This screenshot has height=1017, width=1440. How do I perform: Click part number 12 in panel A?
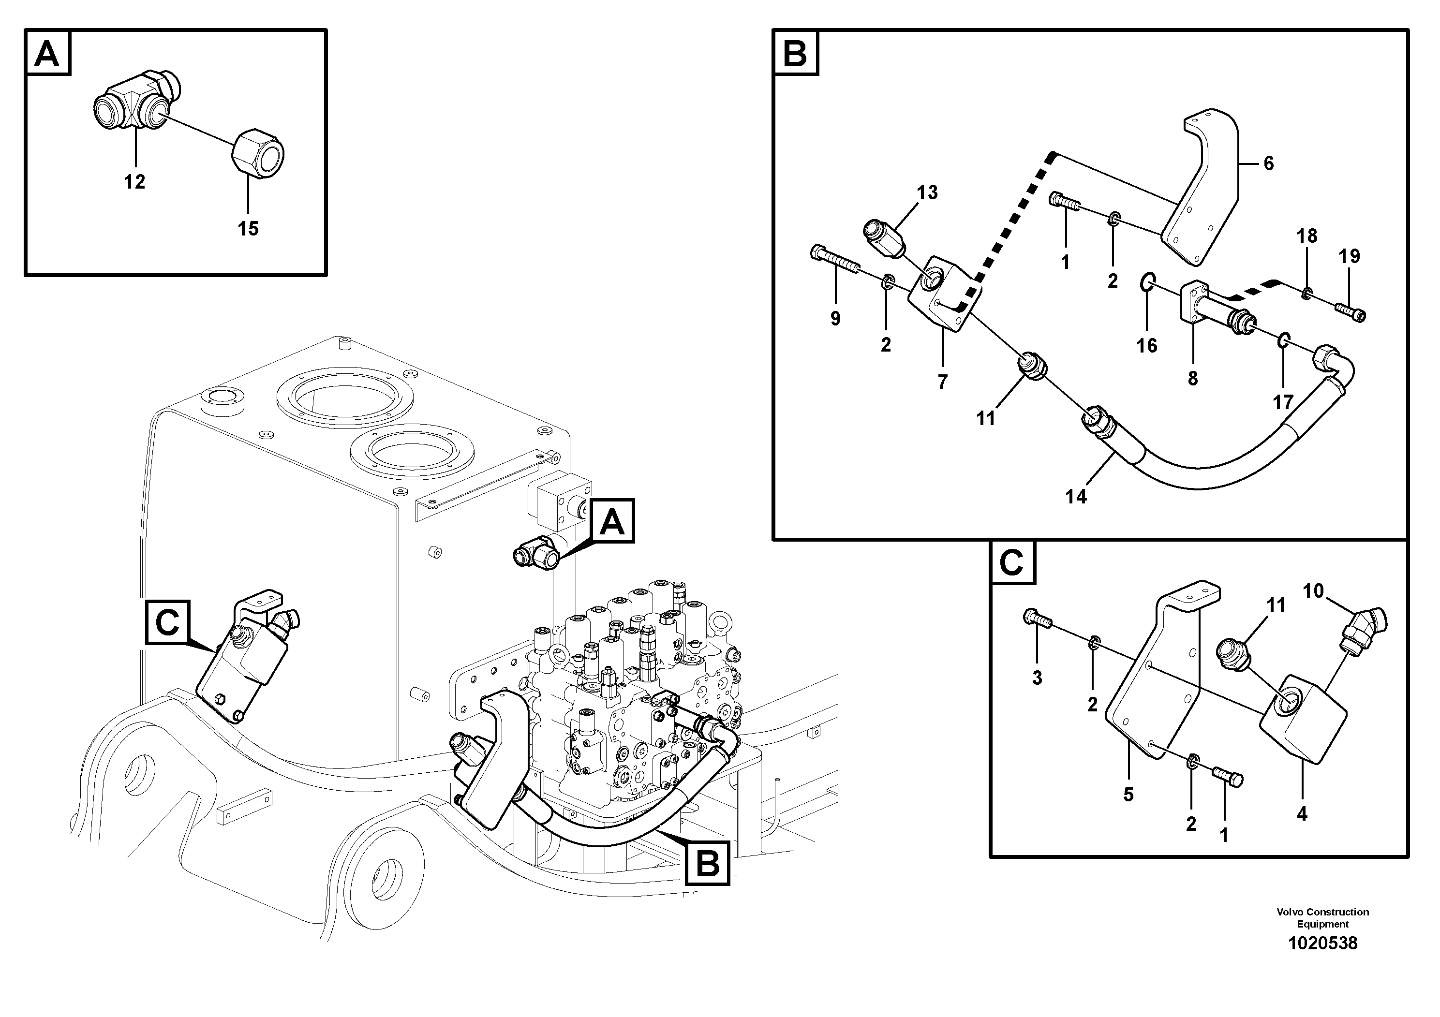tap(134, 182)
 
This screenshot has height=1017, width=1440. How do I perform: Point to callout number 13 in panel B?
tap(927, 192)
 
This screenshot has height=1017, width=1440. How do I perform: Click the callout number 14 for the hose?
tap(1076, 497)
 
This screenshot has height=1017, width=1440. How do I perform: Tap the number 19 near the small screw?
tap(1349, 256)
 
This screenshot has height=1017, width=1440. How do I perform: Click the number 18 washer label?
tap(1307, 236)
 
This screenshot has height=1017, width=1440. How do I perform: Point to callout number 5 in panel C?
tap(1128, 795)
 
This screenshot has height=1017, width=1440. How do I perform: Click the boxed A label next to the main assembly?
tap(612, 521)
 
